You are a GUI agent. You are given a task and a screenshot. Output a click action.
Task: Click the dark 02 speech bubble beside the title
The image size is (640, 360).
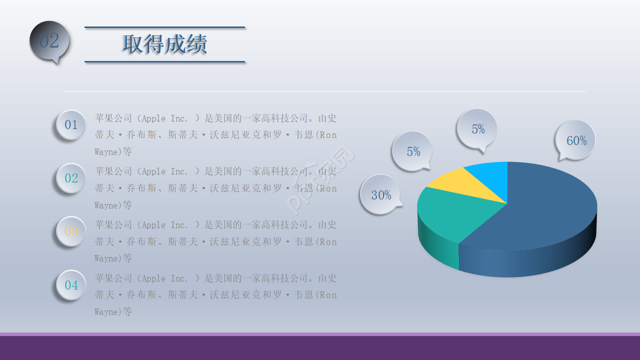49,41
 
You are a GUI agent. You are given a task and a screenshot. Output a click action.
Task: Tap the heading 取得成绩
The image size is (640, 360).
164,44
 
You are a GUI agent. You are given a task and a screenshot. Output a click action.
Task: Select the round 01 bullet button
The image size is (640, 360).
71,124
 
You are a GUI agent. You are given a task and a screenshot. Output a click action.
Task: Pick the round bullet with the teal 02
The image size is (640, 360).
71,178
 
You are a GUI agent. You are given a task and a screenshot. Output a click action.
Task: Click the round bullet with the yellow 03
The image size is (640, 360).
71,231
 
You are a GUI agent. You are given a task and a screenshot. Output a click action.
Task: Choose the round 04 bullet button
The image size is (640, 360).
71,285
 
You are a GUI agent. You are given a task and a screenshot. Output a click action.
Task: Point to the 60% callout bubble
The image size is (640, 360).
575,140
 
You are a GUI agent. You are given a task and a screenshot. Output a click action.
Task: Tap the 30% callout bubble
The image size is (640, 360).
380,194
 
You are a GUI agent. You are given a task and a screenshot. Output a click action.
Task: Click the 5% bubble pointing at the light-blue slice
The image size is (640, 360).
477,128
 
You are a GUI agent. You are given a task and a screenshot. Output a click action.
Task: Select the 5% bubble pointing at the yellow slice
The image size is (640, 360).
412,151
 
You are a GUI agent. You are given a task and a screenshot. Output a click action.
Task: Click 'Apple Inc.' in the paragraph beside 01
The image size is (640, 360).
165,118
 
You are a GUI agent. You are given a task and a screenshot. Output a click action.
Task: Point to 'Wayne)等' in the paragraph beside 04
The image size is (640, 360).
113,312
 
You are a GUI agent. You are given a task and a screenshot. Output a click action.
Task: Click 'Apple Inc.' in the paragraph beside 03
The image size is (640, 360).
165,225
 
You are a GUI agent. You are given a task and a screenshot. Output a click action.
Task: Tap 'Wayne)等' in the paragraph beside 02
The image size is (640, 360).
113,205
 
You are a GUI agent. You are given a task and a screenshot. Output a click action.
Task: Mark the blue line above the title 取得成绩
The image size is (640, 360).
164,27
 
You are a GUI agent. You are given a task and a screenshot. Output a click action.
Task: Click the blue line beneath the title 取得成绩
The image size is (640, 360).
164,62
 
